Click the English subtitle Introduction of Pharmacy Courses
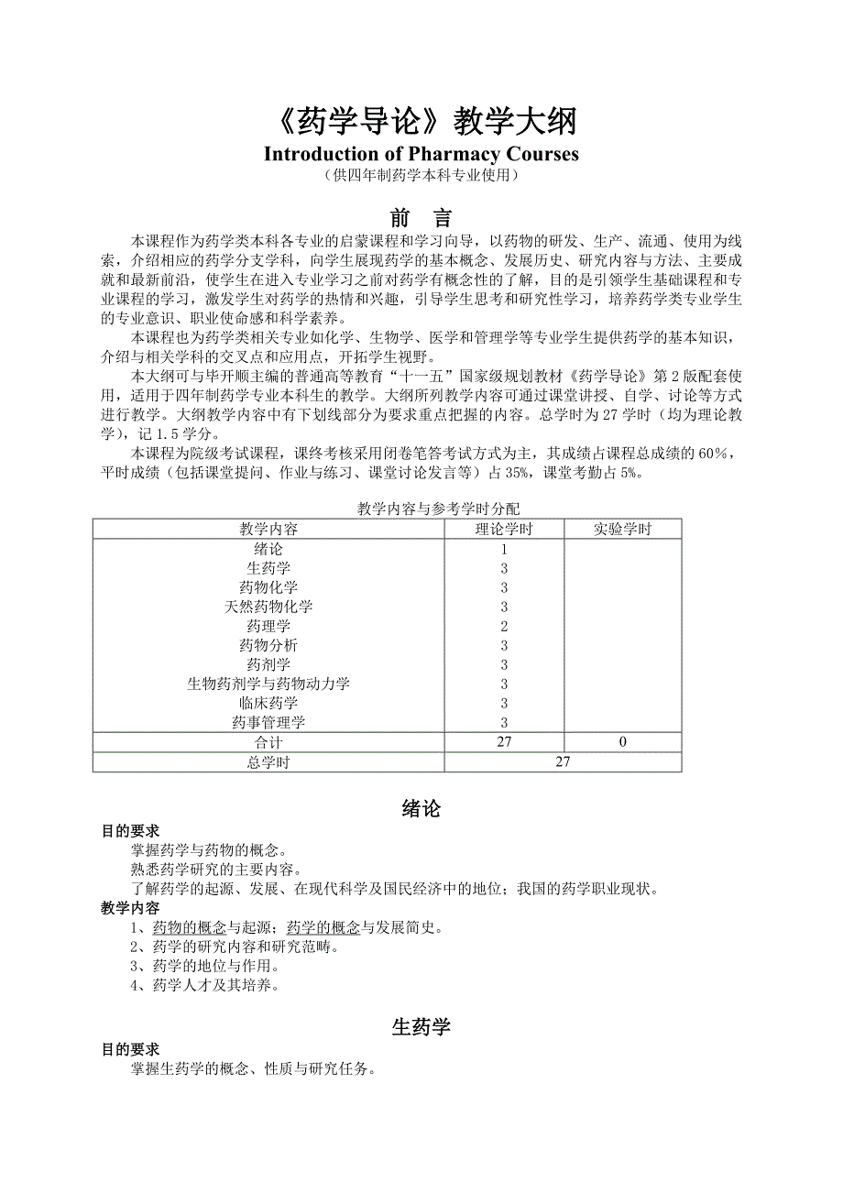click(421, 153)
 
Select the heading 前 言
click(421, 218)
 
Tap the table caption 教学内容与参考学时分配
click(440, 509)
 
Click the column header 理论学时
click(504, 529)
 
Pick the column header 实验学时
click(622, 529)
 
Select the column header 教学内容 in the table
click(268, 529)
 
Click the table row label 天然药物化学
click(268, 607)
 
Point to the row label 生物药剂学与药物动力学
click(268, 684)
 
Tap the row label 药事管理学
click(268, 723)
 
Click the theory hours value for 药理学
click(504, 627)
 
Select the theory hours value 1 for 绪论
click(504, 550)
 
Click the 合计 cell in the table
click(268, 742)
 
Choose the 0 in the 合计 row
click(622, 742)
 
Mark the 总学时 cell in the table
click(268, 762)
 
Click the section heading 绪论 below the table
click(421, 808)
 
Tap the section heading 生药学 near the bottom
click(421, 1027)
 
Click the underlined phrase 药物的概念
click(190, 927)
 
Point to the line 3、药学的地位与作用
click(204, 966)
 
